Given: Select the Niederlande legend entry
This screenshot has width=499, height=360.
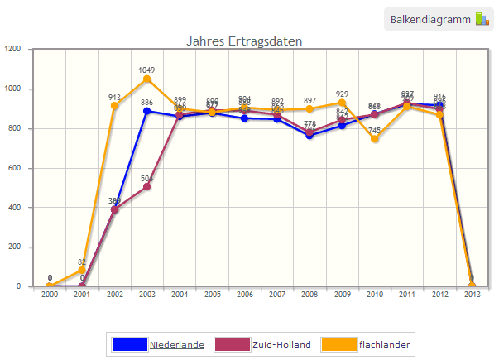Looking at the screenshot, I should (176, 343).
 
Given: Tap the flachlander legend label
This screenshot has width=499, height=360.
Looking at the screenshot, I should (385, 343).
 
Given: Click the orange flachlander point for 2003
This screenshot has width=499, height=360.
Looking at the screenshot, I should (146, 79).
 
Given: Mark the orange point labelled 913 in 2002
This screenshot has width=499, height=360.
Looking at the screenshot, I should (114, 106).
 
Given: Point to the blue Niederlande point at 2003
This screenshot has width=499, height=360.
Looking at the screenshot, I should (146, 111).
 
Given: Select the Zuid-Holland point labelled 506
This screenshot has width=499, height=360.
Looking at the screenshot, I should (146, 186).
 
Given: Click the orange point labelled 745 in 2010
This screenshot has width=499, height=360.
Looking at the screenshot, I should (375, 139).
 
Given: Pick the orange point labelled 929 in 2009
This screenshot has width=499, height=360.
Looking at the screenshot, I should (342, 103).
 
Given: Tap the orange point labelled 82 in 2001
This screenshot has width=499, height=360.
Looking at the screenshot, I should (82, 271).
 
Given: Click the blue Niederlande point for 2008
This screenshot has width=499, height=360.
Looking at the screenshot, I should (309, 135).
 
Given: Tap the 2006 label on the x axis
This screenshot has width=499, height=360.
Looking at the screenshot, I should (244, 295).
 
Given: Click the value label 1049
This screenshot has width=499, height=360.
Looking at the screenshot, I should (146, 70).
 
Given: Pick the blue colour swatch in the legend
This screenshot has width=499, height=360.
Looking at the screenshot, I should (128, 343).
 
